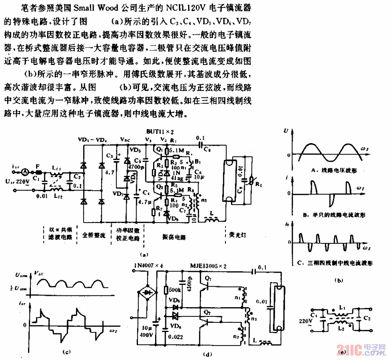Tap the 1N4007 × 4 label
click(149, 265)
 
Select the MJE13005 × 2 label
click(208, 266)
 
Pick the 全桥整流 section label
click(94, 235)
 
